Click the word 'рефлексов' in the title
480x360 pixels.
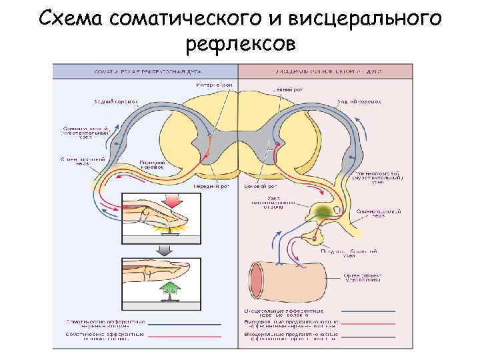pos(240,44)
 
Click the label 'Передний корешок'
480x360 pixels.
pos(152,165)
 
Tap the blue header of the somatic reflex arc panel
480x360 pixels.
pos(145,69)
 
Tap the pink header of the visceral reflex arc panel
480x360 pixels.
pos(325,69)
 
